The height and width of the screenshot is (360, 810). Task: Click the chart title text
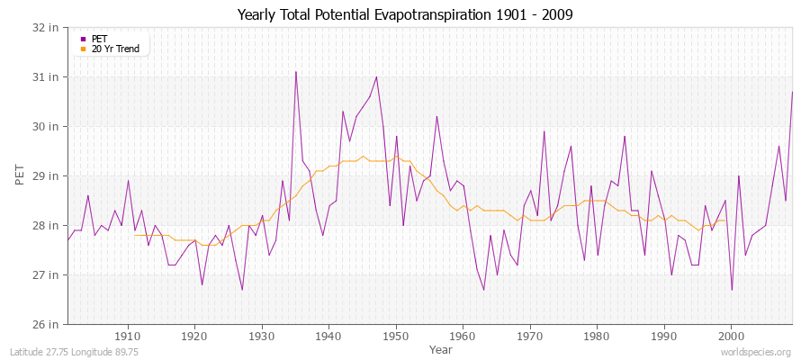click(x=405, y=15)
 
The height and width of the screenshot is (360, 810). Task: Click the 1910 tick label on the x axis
click(x=128, y=337)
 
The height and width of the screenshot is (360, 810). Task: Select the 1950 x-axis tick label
click(x=396, y=337)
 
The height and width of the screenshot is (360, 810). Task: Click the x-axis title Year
click(x=441, y=349)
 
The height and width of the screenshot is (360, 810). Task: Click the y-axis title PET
click(x=21, y=175)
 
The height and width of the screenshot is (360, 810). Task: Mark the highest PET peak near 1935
click(x=295, y=72)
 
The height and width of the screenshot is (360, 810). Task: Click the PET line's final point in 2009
click(x=792, y=92)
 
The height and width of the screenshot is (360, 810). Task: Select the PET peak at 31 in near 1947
click(x=376, y=77)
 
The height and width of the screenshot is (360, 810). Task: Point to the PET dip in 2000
click(x=732, y=290)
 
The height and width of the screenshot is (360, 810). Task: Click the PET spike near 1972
click(x=544, y=131)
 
